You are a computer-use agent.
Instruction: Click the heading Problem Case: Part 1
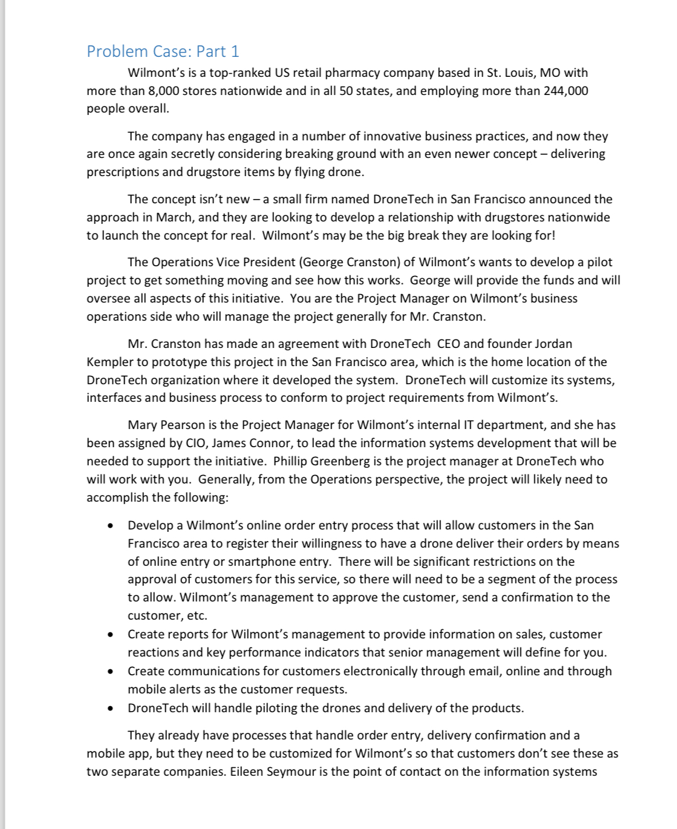pos(163,51)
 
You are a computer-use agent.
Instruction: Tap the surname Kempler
pos(109,362)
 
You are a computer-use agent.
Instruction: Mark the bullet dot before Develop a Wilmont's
pos(110,526)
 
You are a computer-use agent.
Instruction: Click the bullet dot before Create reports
pos(110,635)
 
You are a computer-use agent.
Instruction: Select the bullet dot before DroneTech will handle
pos(110,709)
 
